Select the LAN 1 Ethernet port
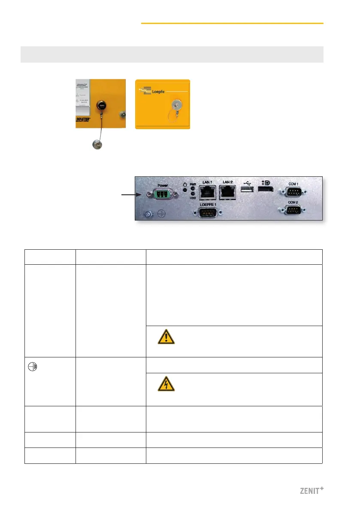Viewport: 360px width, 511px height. click(x=208, y=193)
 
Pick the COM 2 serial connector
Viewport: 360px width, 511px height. click(x=293, y=210)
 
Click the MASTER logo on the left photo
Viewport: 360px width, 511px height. click(x=87, y=120)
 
